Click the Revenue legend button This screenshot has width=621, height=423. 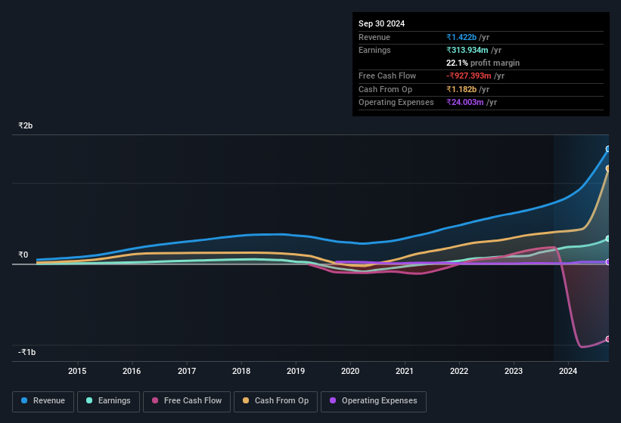44,401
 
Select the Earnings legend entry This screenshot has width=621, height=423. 108,401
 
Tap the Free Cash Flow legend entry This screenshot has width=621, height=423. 186,401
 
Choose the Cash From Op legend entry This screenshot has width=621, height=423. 275,401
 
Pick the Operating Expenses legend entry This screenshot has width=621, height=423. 374,401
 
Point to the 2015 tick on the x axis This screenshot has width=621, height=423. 77,371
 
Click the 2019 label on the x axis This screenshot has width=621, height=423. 296,371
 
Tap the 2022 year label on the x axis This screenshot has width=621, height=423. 459,371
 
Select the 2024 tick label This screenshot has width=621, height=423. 568,371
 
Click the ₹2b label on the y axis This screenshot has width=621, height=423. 26,125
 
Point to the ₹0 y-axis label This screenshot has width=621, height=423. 23,255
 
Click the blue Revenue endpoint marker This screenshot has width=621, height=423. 608,150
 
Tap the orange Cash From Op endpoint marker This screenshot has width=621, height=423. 608,168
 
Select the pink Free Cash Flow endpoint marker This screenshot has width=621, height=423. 608,339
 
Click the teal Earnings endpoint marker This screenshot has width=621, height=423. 608,239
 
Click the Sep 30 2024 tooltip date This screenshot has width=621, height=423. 381,23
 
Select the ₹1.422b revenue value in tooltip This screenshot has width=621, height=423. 461,37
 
